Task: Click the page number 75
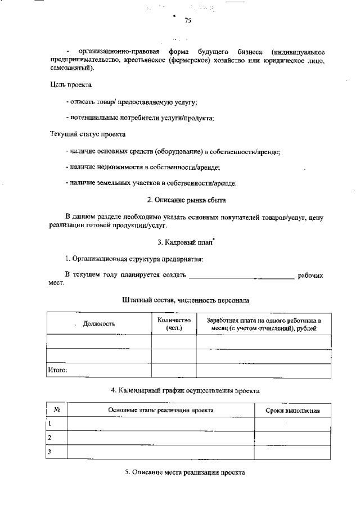[188, 21]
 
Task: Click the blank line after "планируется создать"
[241, 276]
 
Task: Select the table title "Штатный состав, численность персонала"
[186, 301]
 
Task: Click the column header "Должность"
[99, 324]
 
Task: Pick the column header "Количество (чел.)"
[174, 324]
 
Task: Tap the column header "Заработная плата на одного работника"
[263, 324]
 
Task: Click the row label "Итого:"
[57, 370]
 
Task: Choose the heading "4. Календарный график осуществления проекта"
[185, 390]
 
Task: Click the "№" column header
[56, 411]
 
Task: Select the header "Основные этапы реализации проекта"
[161, 411]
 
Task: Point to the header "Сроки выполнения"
[292, 411]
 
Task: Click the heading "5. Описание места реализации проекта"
[185, 473]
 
